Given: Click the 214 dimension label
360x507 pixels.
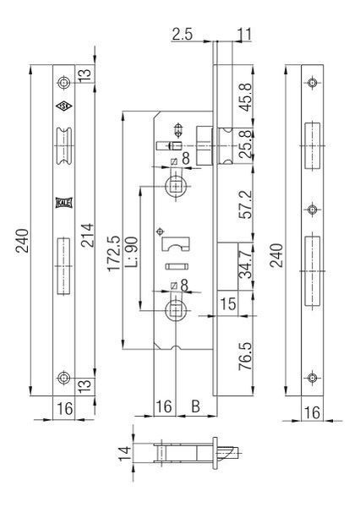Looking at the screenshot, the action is pyautogui.click(x=87, y=235).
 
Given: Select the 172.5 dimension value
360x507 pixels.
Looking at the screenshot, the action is pyautogui.click(x=114, y=253).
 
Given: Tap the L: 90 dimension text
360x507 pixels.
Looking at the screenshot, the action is pyautogui.click(x=132, y=252).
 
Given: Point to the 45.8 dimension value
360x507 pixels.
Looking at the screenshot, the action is pyautogui.click(x=244, y=97).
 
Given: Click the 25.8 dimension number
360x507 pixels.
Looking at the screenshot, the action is pyautogui.click(x=244, y=144).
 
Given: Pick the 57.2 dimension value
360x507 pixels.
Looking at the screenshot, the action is pyautogui.click(x=244, y=204).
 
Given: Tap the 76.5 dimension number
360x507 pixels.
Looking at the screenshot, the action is pyautogui.click(x=244, y=356).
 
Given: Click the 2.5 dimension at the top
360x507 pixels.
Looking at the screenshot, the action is pyautogui.click(x=182, y=34).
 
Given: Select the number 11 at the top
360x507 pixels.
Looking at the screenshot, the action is pyautogui.click(x=244, y=34).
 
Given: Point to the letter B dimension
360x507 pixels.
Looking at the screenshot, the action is pyautogui.click(x=195, y=406).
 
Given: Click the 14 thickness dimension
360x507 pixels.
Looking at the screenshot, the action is pyautogui.click(x=124, y=453).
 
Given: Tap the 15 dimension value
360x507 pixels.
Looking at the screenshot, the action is pyautogui.click(x=228, y=303).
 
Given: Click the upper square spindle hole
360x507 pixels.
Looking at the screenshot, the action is pyautogui.click(x=176, y=186).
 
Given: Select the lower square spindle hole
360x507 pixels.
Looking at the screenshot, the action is pyautogui.click(x=176, y=310).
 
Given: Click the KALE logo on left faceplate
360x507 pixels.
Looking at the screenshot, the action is pyautogui.click(x=63, y=203).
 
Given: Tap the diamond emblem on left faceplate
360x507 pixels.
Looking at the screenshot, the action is pyautogui.click(x=63, y=106).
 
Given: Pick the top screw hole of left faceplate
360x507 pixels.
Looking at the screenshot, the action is pyautogui.click(x=63, y=83).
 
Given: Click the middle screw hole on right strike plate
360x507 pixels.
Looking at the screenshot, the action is pyautogui.click(x=312, y=210).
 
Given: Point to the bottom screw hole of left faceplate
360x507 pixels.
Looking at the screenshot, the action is pyautogui.click(x=63, y=378).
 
